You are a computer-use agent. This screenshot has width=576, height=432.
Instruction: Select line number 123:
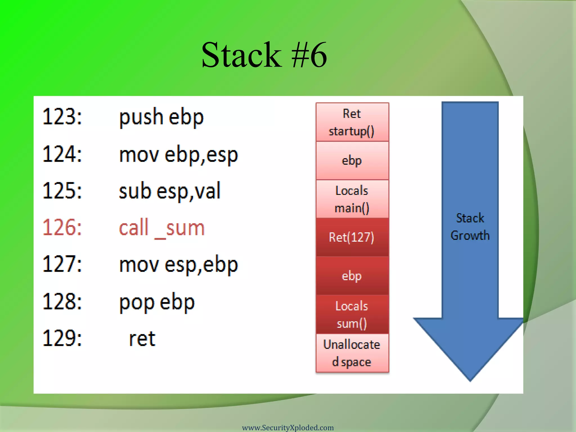(62, 116)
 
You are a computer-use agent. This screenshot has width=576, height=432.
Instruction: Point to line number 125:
(62, 191)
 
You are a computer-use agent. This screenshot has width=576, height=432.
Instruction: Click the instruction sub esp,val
(170, 191)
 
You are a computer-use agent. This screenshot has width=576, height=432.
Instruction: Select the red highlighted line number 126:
(62, 227)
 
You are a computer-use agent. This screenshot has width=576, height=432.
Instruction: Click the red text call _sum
(162, 228)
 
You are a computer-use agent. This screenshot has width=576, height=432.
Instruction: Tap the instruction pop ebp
(157, 302)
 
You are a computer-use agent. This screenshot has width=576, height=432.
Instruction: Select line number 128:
(62, 301)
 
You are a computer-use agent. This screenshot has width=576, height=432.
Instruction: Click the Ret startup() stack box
(352, 122)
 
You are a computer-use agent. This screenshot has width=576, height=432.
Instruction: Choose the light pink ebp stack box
(352, 161)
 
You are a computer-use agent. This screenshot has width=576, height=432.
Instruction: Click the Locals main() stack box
(352, 199)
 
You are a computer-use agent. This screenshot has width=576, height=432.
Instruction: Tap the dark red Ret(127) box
(352, 237)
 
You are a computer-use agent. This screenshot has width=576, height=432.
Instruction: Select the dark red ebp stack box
(352, 276)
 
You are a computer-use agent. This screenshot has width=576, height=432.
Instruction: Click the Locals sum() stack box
(352, 314)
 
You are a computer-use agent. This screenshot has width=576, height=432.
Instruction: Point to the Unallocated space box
(352, 353)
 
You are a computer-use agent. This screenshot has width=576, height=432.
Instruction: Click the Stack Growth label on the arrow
(470, 227)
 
